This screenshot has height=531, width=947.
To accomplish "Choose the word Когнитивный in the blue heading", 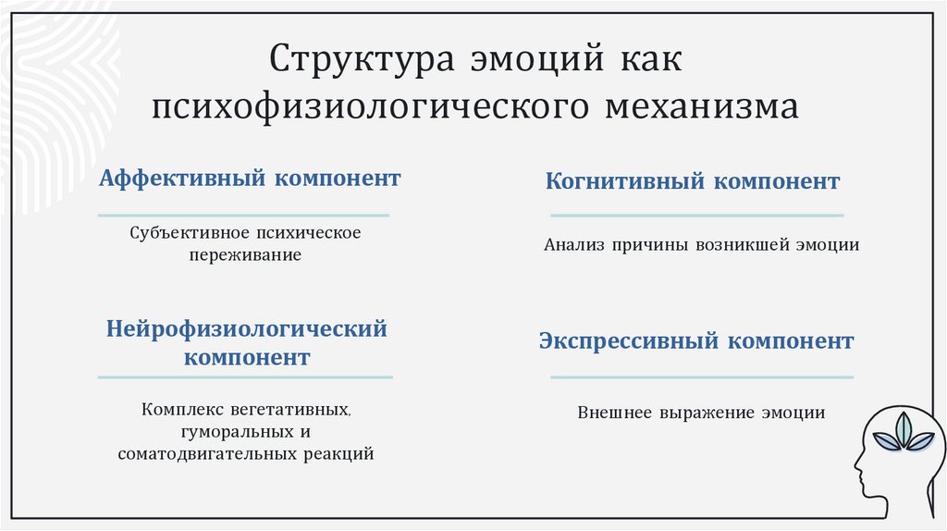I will [625, 181].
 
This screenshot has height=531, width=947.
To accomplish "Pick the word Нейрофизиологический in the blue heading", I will [246, 328].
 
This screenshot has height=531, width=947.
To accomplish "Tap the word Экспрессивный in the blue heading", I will [629, 341].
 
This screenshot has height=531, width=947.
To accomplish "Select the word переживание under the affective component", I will [245, 254].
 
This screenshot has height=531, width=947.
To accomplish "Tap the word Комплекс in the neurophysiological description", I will [179, 408].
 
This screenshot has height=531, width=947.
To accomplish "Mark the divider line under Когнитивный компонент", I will [696, 216].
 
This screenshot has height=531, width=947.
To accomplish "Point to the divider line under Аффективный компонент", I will [244, 216].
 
